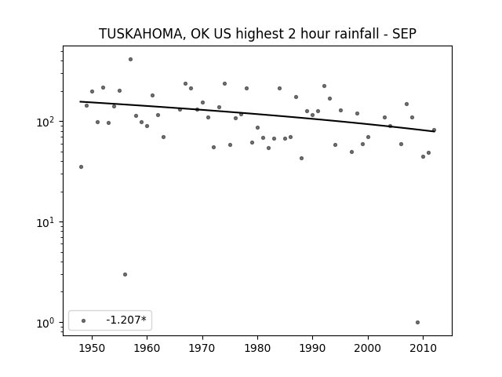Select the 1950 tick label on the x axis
point(92,348)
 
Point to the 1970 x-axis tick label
point(202,348)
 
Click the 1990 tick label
point(313,348)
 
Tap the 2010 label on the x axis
point(424,348)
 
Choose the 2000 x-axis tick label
point(368,348)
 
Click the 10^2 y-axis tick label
point(47,122)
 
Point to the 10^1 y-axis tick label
point(47,222)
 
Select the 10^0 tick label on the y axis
point(47,323)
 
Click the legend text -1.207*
point(126,320)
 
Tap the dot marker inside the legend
point(84,321)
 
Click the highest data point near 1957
point(131,60)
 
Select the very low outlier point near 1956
point(125,274)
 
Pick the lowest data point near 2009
point(417,323)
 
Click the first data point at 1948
point(81,167)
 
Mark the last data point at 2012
point(434,130)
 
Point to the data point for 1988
point(301,159)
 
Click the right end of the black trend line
point(435,131)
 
